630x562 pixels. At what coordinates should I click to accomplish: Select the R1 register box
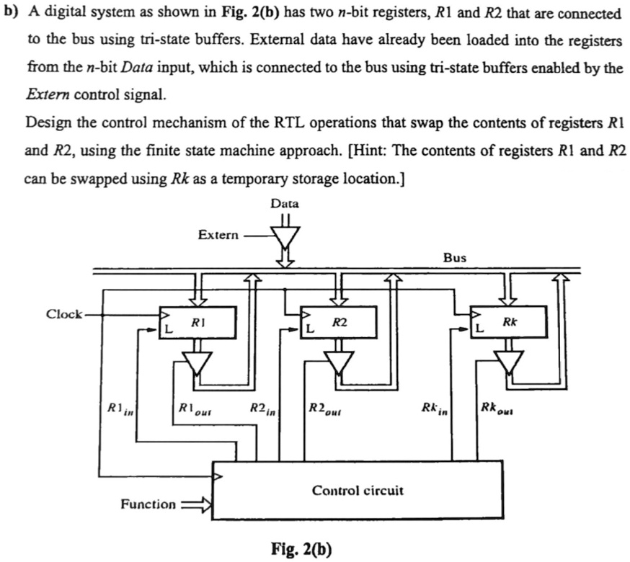[x=198, y=323]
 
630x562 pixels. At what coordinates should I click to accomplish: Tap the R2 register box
[x=339, y=323]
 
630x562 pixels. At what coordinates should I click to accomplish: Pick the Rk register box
[x=508, y=323]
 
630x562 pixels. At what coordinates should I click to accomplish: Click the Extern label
[x=217, y=236]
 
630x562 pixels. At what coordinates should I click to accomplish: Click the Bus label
[x=455, y=257]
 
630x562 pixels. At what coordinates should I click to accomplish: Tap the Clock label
[x=63, y=314]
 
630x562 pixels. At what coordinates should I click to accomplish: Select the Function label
[x=148, y=504]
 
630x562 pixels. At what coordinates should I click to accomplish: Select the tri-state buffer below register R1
[x=197, y=361]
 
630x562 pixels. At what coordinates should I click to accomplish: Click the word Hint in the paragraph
[x=370, y=151]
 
